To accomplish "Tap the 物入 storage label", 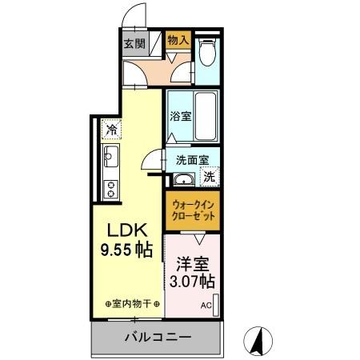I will (x=178, y=39).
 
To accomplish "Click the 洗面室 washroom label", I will (x=192, y=158).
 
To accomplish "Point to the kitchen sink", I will (x=110, y=158).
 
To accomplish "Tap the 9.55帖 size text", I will (x=126, y=250).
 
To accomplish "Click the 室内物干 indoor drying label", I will (x=134, y=304).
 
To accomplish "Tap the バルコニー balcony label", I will (x=157, y=338).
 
